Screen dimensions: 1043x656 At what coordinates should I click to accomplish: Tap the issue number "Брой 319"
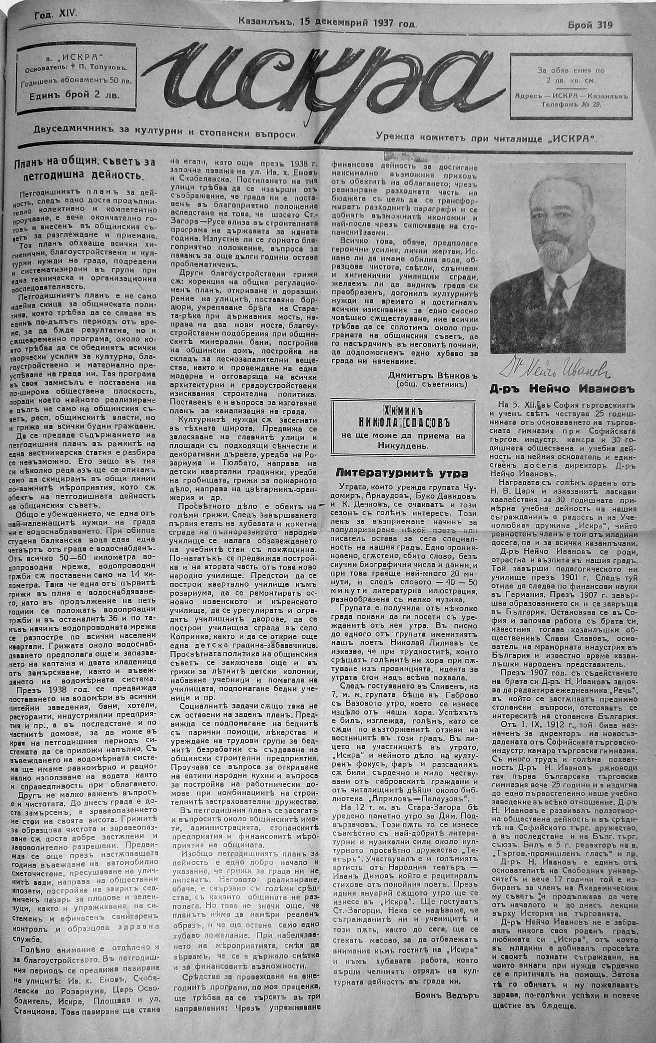pos(590,25)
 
